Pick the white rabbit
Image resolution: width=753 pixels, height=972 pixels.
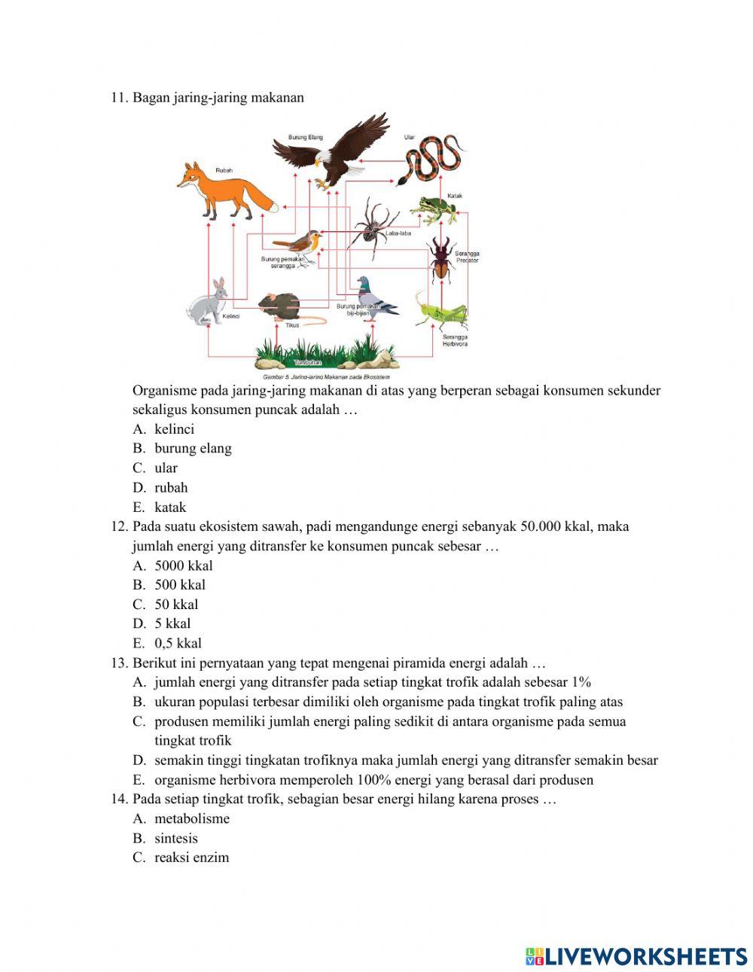click(207, 303)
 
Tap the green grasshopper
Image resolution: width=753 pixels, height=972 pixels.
click(441, 312)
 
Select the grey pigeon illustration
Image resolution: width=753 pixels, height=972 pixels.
click(374, 297)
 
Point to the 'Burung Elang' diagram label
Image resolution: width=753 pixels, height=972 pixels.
click(305, 137)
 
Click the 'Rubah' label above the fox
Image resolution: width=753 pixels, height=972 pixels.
click(224, 171)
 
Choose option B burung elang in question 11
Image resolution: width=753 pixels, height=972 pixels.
click(193, 449)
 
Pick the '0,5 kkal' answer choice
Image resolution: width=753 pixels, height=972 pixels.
click(178, 644)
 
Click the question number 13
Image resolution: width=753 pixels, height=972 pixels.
click(118, 663)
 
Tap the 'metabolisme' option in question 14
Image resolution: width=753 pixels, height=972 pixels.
click(192, 819)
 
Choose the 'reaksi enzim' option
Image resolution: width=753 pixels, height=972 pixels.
click(191, 858)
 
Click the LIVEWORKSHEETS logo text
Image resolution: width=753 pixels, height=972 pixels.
click(645, 956)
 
